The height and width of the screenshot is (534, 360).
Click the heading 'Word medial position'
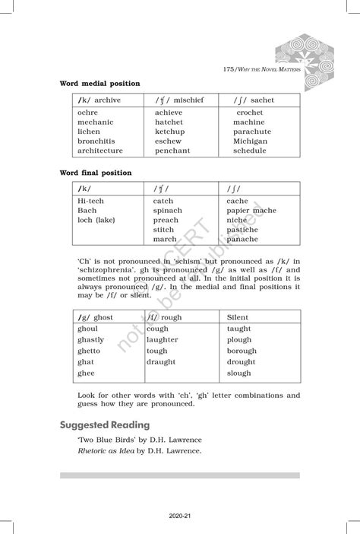(x=99, y=83)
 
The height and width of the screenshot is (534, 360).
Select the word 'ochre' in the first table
(x=87, y=113)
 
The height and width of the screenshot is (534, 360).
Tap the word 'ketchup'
(x=169, y=132)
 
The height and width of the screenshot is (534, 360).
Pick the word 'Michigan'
(x=250, y=141)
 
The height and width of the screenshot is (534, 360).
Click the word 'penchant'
(x=172, y=151)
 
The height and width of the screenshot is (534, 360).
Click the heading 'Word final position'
(x=96, y=173)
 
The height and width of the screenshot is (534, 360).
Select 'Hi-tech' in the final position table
(x=91, y=201)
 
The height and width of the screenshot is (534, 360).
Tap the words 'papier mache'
(x=251, y=211)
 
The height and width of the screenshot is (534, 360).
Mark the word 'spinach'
(x=167, y=211)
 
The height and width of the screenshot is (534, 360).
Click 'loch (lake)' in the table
(x=96, y=220)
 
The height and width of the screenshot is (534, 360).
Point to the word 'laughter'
(x=162, y=340)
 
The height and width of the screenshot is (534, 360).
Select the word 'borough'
(x=242, y=351)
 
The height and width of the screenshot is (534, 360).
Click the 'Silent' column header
(x=238, y=316)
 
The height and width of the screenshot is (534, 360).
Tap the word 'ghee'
(x=86, y=373)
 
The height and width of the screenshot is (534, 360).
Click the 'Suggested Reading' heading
(x=105, y=424)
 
